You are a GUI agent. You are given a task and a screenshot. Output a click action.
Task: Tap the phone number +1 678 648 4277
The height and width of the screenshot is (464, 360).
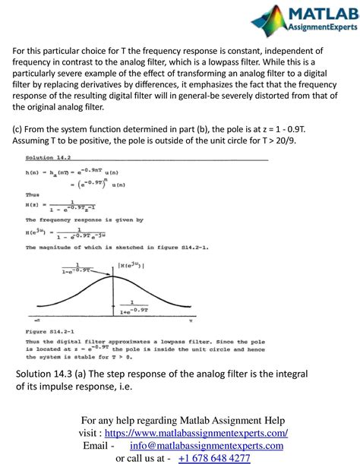(x=214, y=458)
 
